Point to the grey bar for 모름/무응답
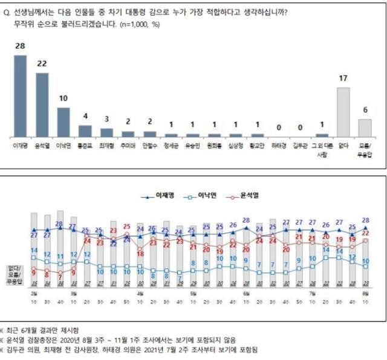coord(365,127)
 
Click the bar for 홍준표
coord(85,130)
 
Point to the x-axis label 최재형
coord(106,146)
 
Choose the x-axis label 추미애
coord(128,146)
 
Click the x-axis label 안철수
coord(149,146)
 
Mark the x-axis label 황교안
coord(258,146)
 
